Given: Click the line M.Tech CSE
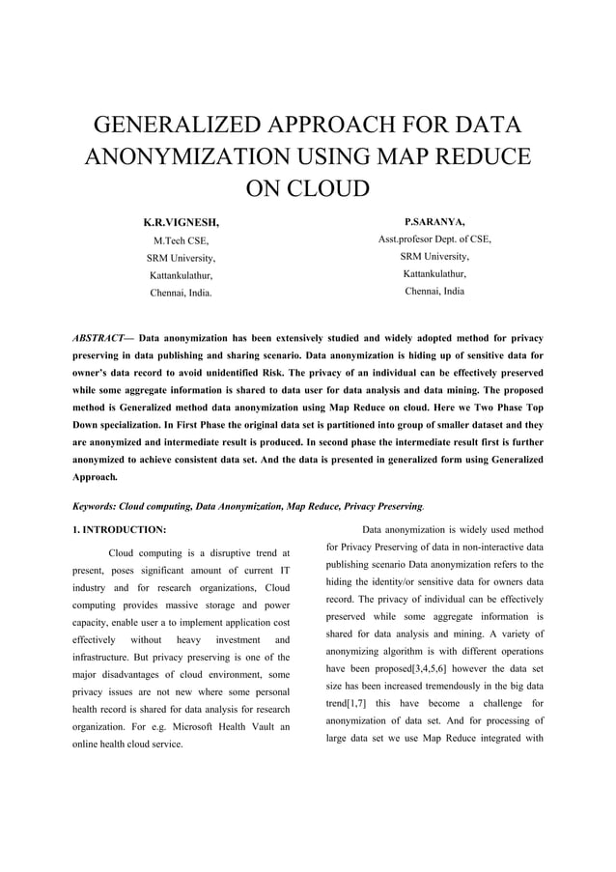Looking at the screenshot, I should pyautogui.click(x=181, y=240).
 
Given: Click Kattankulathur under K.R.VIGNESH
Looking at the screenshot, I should pyautogui.click(x=181, y=275).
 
